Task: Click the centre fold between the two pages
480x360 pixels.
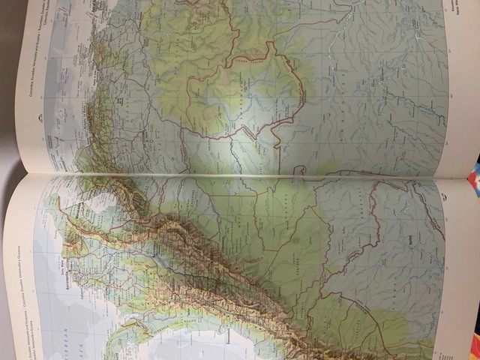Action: pyautogui.click(x=240, y=177)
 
